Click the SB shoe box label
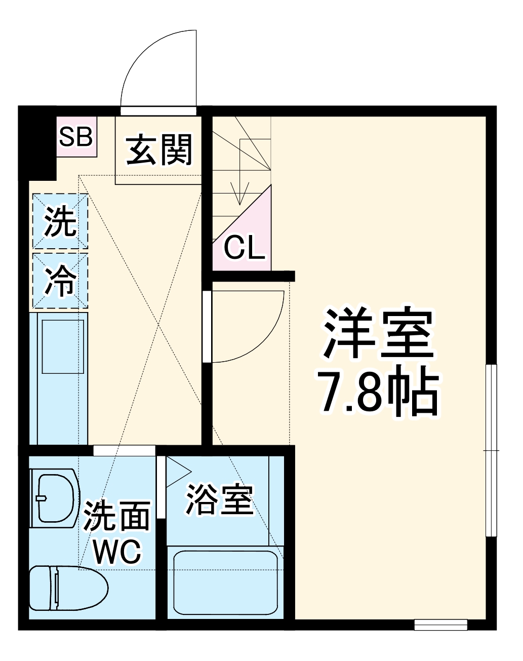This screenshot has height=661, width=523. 76,136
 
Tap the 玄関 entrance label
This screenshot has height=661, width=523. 159,150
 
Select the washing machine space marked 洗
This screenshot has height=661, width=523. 60,222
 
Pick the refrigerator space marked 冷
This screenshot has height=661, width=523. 60,281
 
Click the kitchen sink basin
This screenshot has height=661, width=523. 62,347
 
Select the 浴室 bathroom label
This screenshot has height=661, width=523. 220,498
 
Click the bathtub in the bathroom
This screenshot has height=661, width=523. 226,582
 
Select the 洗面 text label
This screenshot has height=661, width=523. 117,516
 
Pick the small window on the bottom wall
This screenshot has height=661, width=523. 440,625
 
